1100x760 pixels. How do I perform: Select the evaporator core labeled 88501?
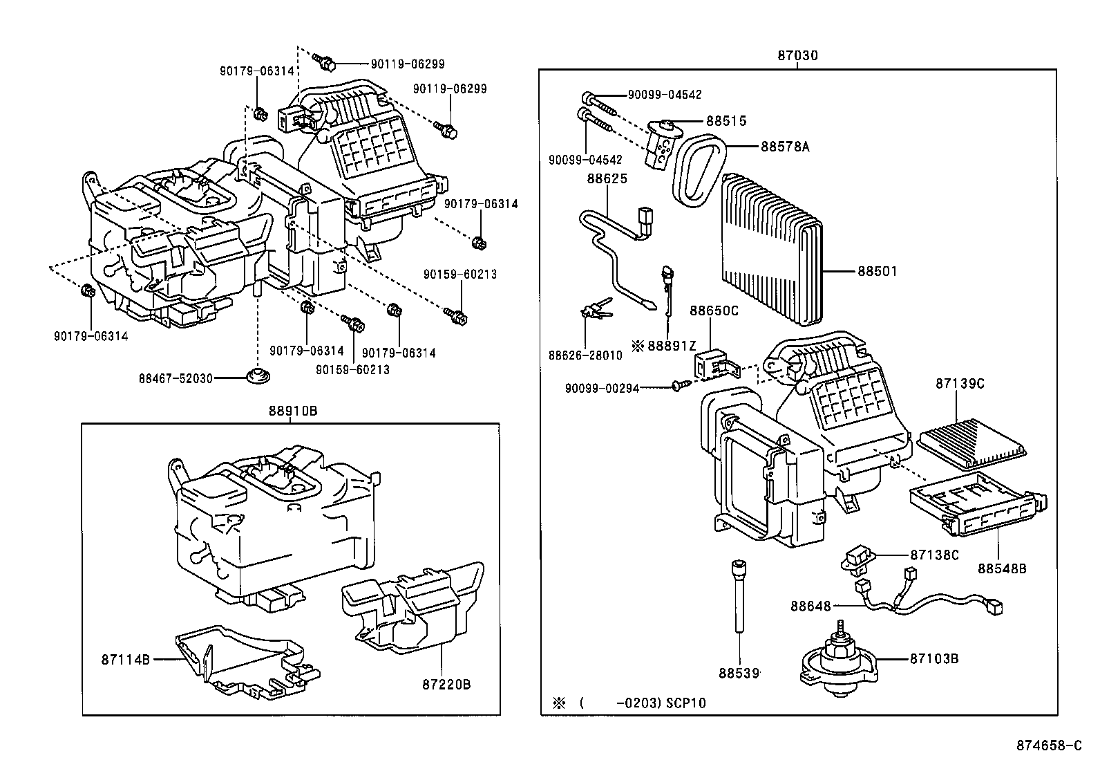770,249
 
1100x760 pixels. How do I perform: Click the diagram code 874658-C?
1047,745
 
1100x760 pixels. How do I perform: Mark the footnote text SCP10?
686,703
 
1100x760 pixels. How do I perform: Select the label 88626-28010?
585,355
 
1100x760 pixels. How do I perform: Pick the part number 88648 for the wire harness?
811,606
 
